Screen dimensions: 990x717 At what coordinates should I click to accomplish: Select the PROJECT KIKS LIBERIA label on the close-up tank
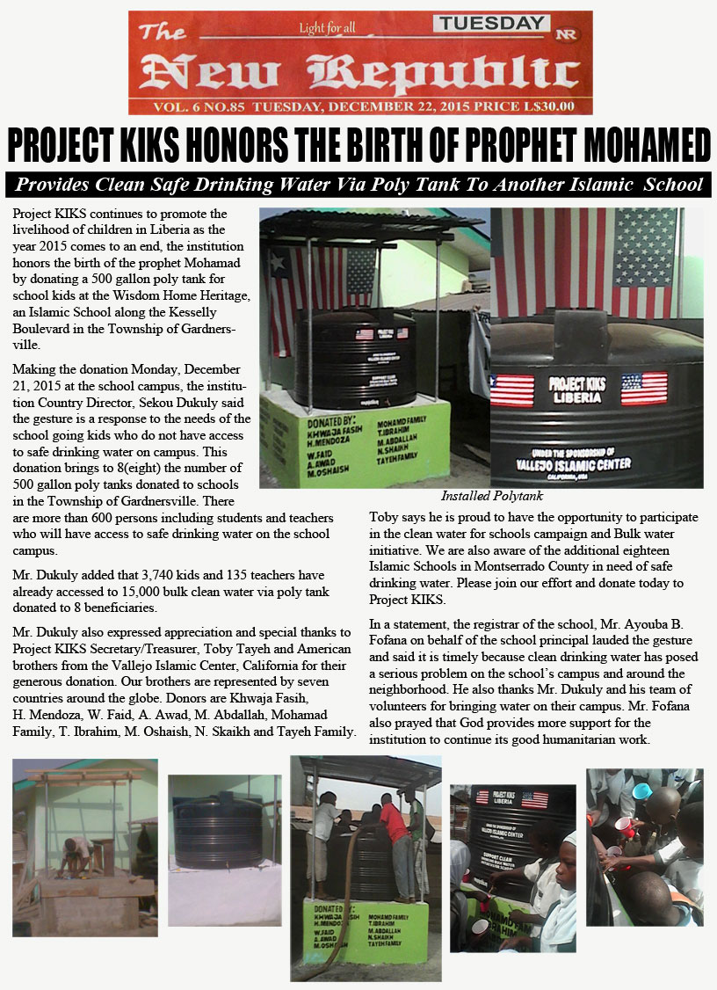click(x=576, y=389)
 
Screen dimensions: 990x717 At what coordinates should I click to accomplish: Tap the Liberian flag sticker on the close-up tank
click(x=512, y=389)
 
